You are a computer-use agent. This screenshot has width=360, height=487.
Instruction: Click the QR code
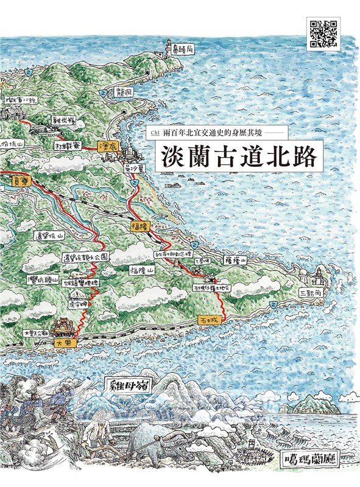[323, 33]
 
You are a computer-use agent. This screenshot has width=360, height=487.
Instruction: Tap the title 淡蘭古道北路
[239, 156]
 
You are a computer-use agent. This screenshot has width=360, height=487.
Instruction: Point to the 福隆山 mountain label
[143, 267]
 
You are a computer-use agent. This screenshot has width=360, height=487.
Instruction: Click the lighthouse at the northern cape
[169, 47]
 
